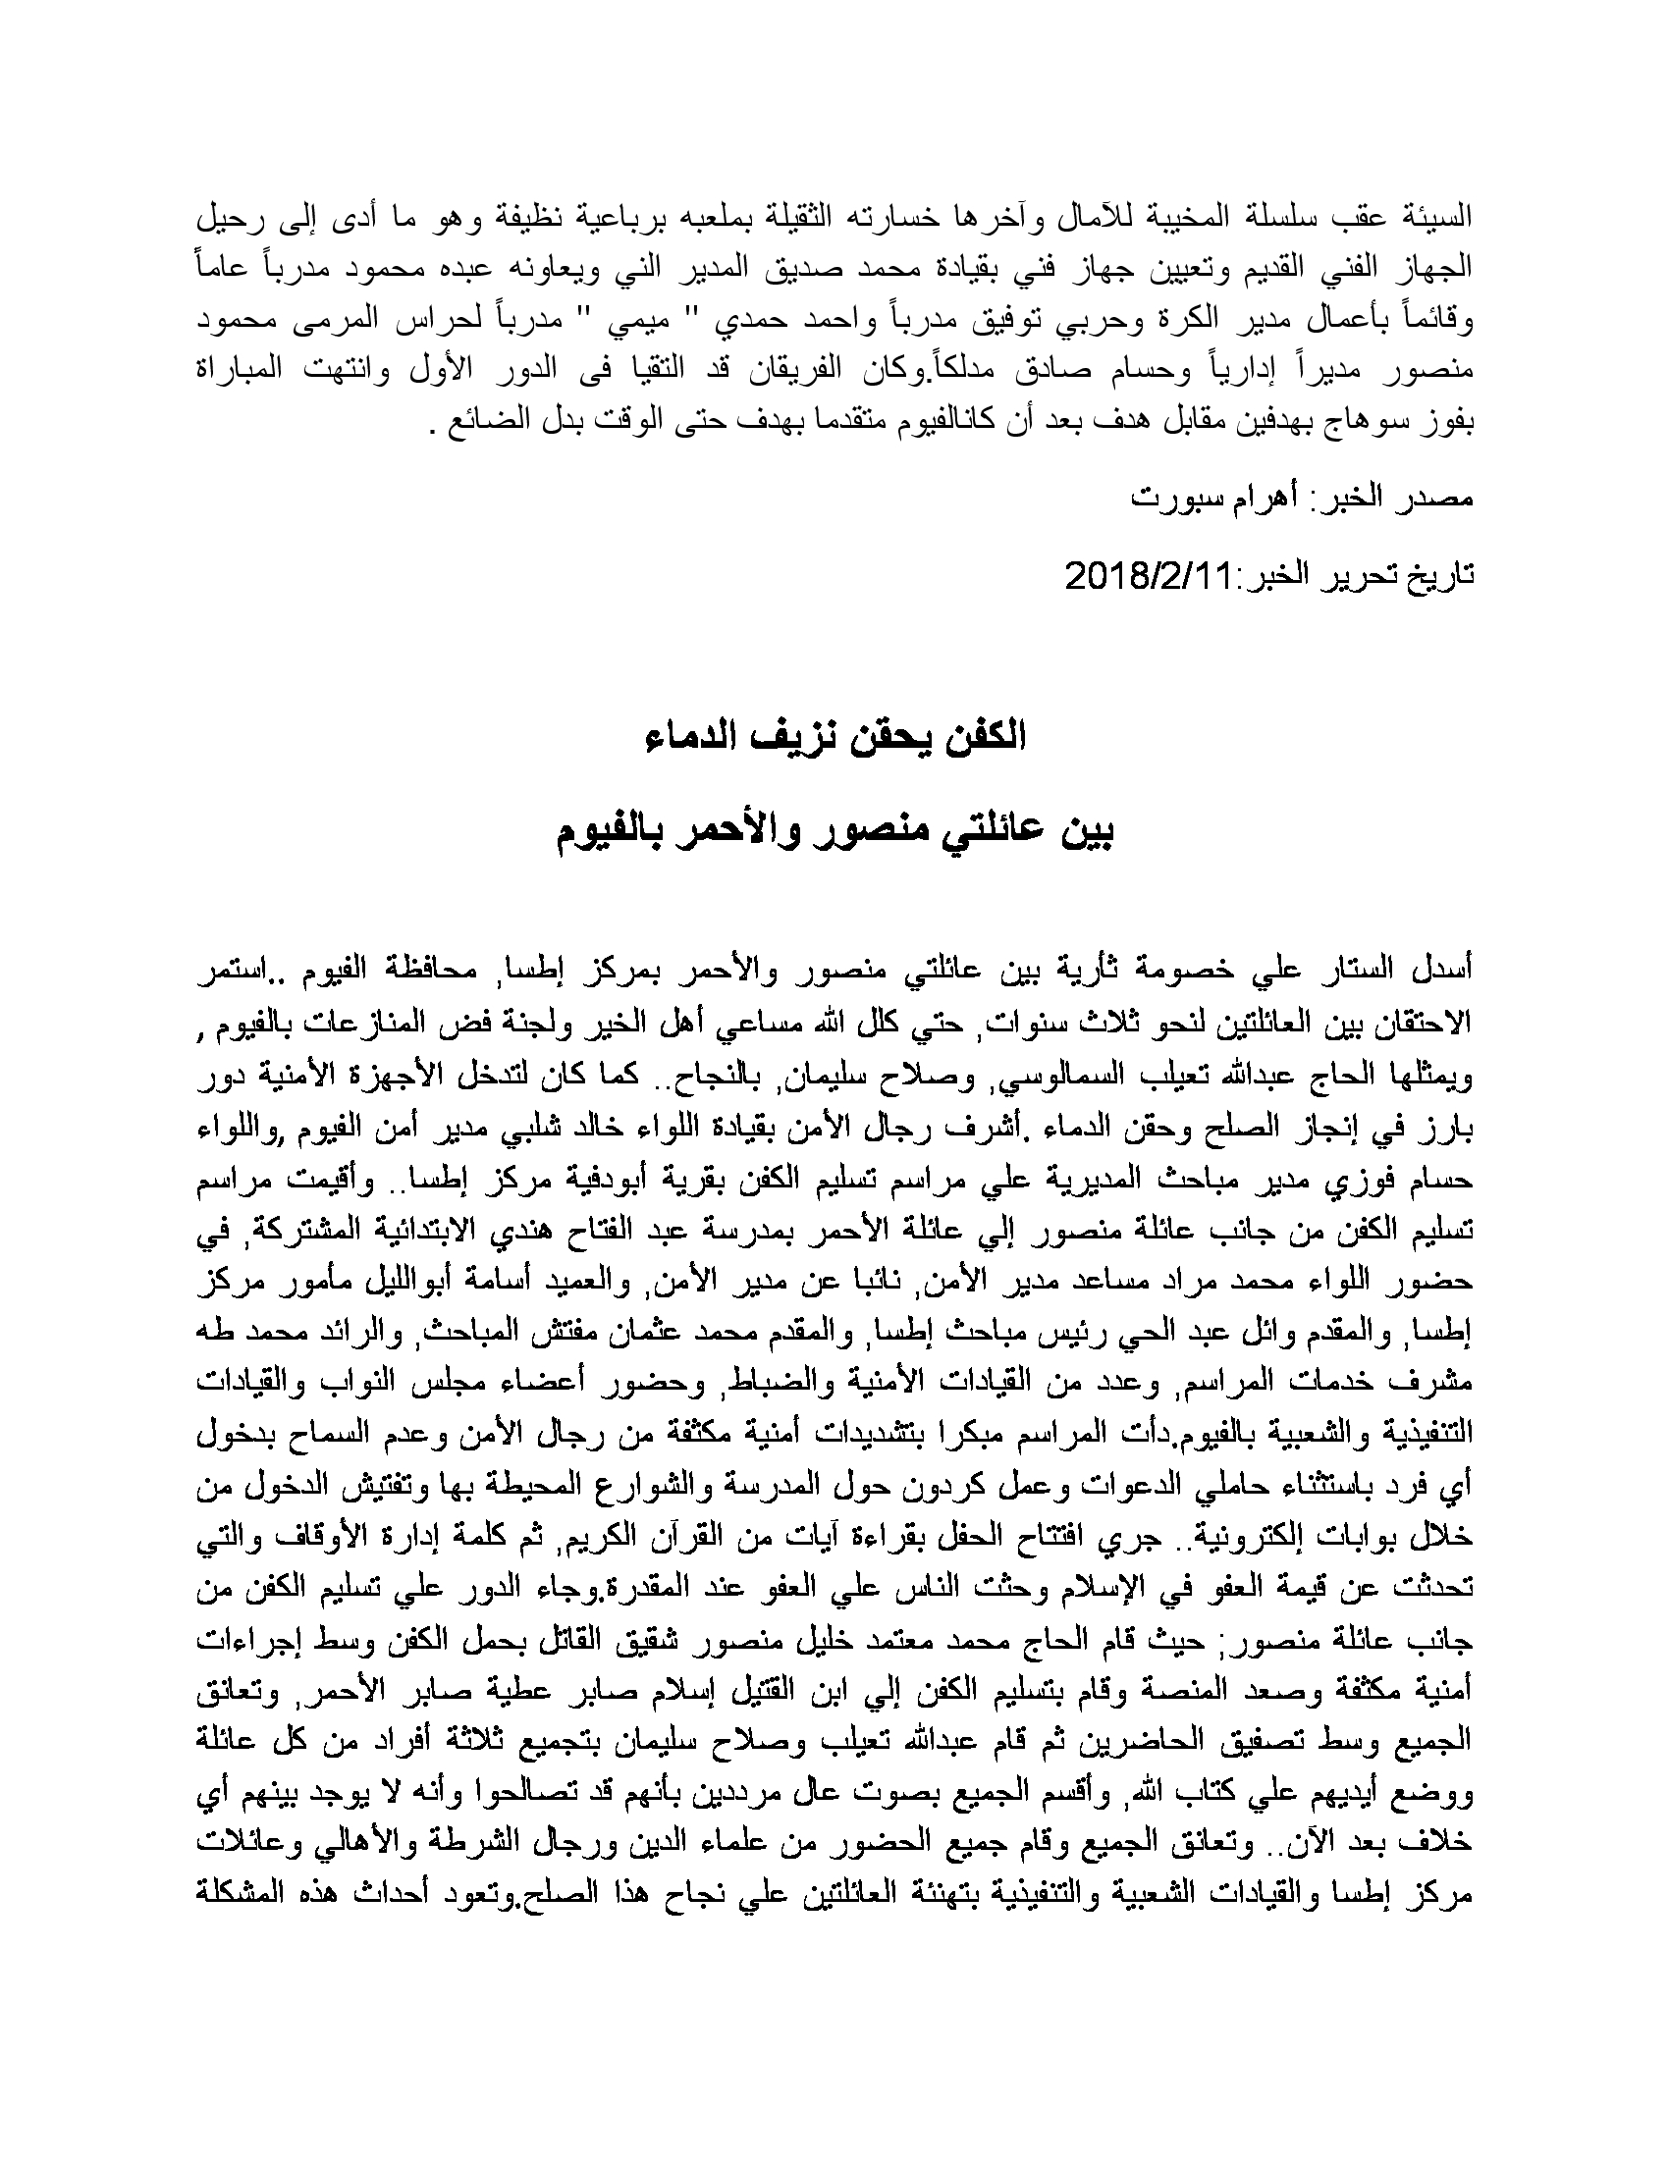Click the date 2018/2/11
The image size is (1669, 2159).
(x=1146, y=574)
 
